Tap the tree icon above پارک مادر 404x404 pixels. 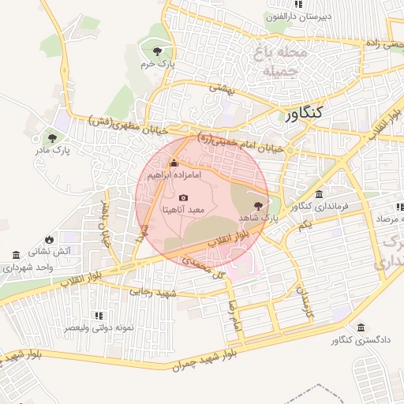tap(53, 136)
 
